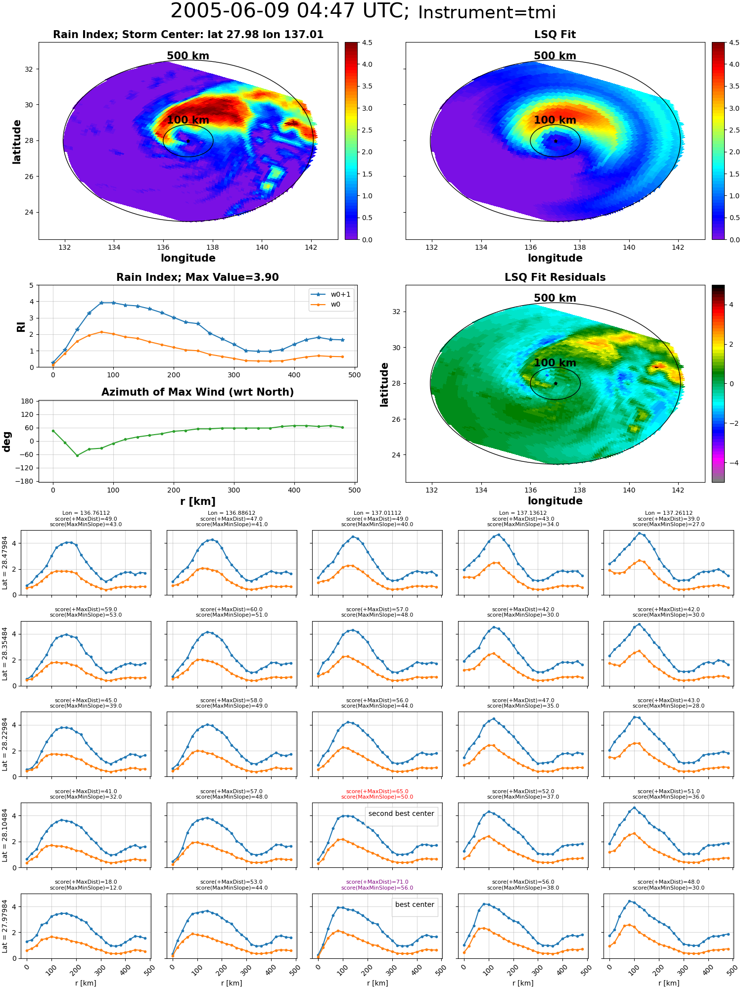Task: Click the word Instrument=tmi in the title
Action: click(487, 12)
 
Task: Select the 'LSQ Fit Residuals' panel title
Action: click(555, 277)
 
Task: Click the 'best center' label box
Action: click(415, 904)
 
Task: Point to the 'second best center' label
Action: click(401, 813)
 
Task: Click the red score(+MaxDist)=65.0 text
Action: click(377, 791)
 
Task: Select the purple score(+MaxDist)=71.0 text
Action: click(377, 882)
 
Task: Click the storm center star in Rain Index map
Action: click(188, 141)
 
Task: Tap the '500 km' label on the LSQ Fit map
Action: click(555, 56)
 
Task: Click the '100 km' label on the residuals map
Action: click(555, 362)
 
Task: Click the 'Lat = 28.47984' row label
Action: click(5, 563)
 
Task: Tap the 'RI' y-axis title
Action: click(21, 326)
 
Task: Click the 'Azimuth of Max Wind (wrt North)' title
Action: click(197, 392)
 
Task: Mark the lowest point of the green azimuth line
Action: click(77, 455)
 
